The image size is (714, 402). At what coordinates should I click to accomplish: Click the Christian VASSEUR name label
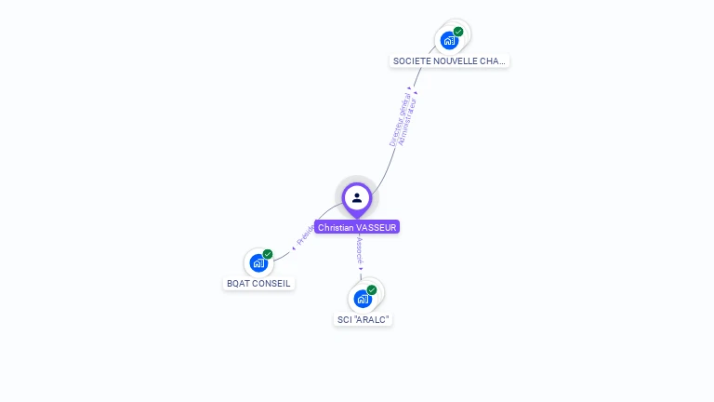pos(357,227)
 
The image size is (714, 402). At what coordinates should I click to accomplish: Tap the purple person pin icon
pos(357,197)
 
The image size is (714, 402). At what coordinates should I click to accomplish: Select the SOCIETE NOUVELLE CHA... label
pos(450,61)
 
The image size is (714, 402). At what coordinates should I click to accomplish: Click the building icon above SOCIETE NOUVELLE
pos(449,40)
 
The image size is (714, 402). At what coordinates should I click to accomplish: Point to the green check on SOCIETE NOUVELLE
pos(458,32)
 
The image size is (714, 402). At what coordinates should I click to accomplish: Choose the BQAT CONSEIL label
pos(258,284)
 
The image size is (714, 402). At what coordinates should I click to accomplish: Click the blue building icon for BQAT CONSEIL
pos(258,263)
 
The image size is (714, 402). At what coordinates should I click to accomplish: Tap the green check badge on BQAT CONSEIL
pos(268,254)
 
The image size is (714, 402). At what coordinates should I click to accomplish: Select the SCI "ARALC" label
pos(363,319)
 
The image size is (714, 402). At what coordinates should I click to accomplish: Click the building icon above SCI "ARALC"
pos(362,299)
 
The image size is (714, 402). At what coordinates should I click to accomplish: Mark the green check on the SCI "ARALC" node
pos(372,290)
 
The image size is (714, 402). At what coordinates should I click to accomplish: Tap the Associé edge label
pos(358,250)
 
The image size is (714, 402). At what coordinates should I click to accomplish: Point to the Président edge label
pos(305,234)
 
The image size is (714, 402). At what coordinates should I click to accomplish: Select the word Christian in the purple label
pos(336,227)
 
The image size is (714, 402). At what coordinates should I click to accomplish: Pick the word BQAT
pos(238,284)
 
